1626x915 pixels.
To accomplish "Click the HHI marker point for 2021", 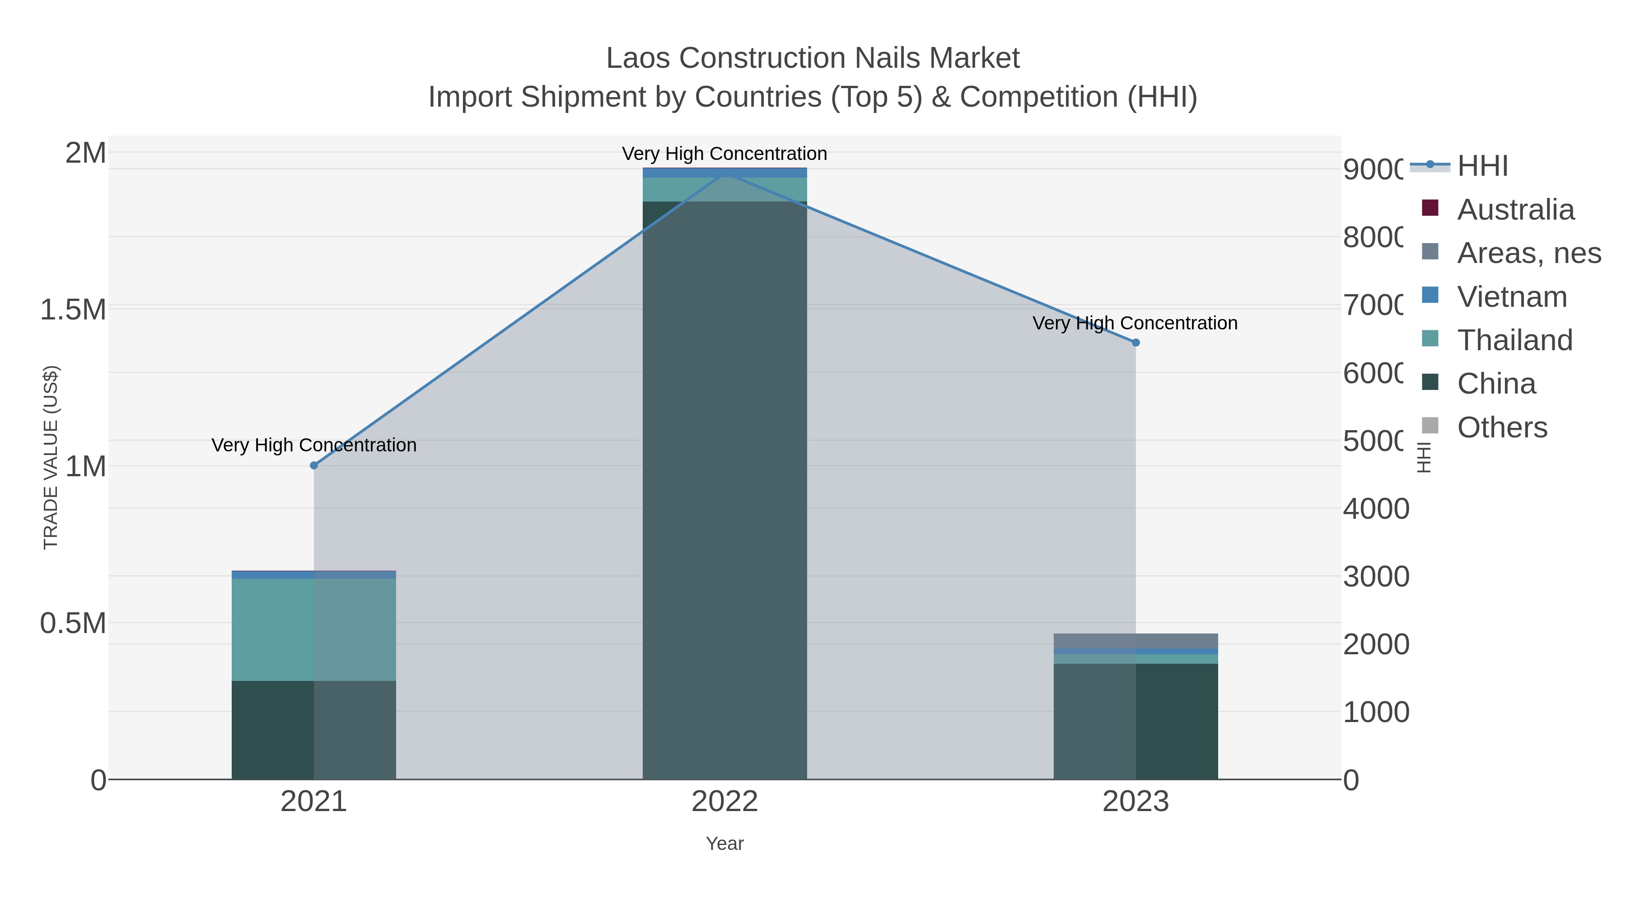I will coord(314,465).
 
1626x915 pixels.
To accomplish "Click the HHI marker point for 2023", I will coord(1135,342).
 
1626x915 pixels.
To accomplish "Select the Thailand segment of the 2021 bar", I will coord(314,629).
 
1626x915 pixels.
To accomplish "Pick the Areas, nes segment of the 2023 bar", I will coord(1135,640).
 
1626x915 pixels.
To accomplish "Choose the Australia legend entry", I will coord(1515,210).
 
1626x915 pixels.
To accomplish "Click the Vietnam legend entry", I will coord(1512,297).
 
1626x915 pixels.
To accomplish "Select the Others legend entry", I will coord(1502,427).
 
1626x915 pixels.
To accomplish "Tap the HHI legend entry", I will coord(1482,166).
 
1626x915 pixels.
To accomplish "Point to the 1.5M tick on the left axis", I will coord(73,310).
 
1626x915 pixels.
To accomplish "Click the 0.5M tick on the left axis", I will coord(73,623).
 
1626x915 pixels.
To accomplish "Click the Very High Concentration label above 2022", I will coord(724,154).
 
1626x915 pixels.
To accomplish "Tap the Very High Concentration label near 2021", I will coord(314,445).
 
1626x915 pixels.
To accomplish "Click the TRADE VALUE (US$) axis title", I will coord(51,457).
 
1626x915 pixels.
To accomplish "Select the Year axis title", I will coord(724,844).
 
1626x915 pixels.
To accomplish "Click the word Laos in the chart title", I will coord(637,58).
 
